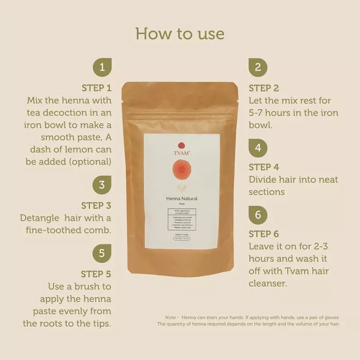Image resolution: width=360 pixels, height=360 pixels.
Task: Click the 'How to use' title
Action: pyautogui.click(x=180, y=34)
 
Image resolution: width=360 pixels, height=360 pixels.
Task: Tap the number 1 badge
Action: pyautogui.click(x=102, y=68)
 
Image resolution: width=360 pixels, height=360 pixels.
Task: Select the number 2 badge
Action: pyautogui.click(x=258, y=68)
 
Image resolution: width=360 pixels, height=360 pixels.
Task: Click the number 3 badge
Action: pyautogui.click(x=102, y=185)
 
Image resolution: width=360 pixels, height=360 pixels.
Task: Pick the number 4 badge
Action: pyautogui.click(x=258, y=148)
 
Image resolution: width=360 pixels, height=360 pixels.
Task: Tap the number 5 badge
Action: pyautogui.click(x=102, y=253)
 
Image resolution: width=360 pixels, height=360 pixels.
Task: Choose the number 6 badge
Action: pyautogui.click(x=258, y=215)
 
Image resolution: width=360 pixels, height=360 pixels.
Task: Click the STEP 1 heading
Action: pyautogui.click(x=96, y=88)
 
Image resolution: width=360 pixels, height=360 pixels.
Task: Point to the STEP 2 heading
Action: pyautogui.click(x=264, y=88)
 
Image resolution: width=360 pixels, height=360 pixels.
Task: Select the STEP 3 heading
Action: pyautogui.click(x=96, y=206)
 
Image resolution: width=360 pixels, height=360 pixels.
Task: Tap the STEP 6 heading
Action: pyautogui.click(x=264, y=234)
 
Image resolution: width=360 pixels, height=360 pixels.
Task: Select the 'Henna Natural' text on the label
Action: pyautogui.click(x=182, y=198)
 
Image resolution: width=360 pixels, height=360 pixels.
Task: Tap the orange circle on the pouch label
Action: pyautogui.click(x=182, y=171)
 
